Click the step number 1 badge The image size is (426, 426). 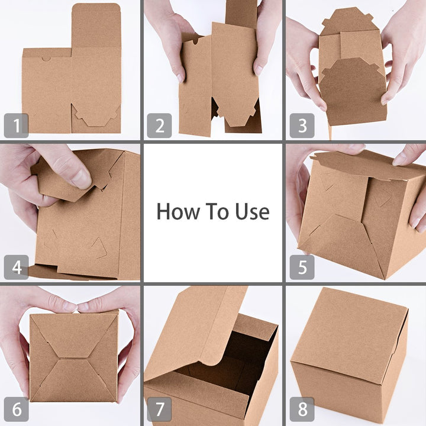[16, 125]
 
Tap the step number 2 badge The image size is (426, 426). [159, 125]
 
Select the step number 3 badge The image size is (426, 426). [302, 125]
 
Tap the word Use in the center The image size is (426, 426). [251, 211]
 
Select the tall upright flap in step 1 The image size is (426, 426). [96, 27]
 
